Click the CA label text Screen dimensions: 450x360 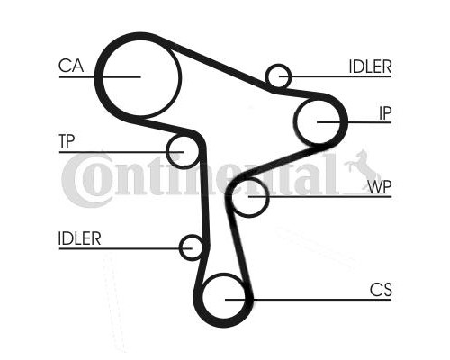tap(71, 66)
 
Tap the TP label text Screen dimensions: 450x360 tap(67, 141)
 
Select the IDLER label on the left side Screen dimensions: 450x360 tap(80, 238)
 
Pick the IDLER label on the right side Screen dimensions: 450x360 tap(371, 67)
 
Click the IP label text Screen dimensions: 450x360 tap(385, 113)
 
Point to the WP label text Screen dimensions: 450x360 tap(380, 187)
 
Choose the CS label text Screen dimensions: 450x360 tap(381, 290)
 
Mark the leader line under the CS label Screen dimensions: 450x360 tap(309, 300)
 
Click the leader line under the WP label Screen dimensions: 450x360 tap(320, 197)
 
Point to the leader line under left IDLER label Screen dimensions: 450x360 tap(125, 248)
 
